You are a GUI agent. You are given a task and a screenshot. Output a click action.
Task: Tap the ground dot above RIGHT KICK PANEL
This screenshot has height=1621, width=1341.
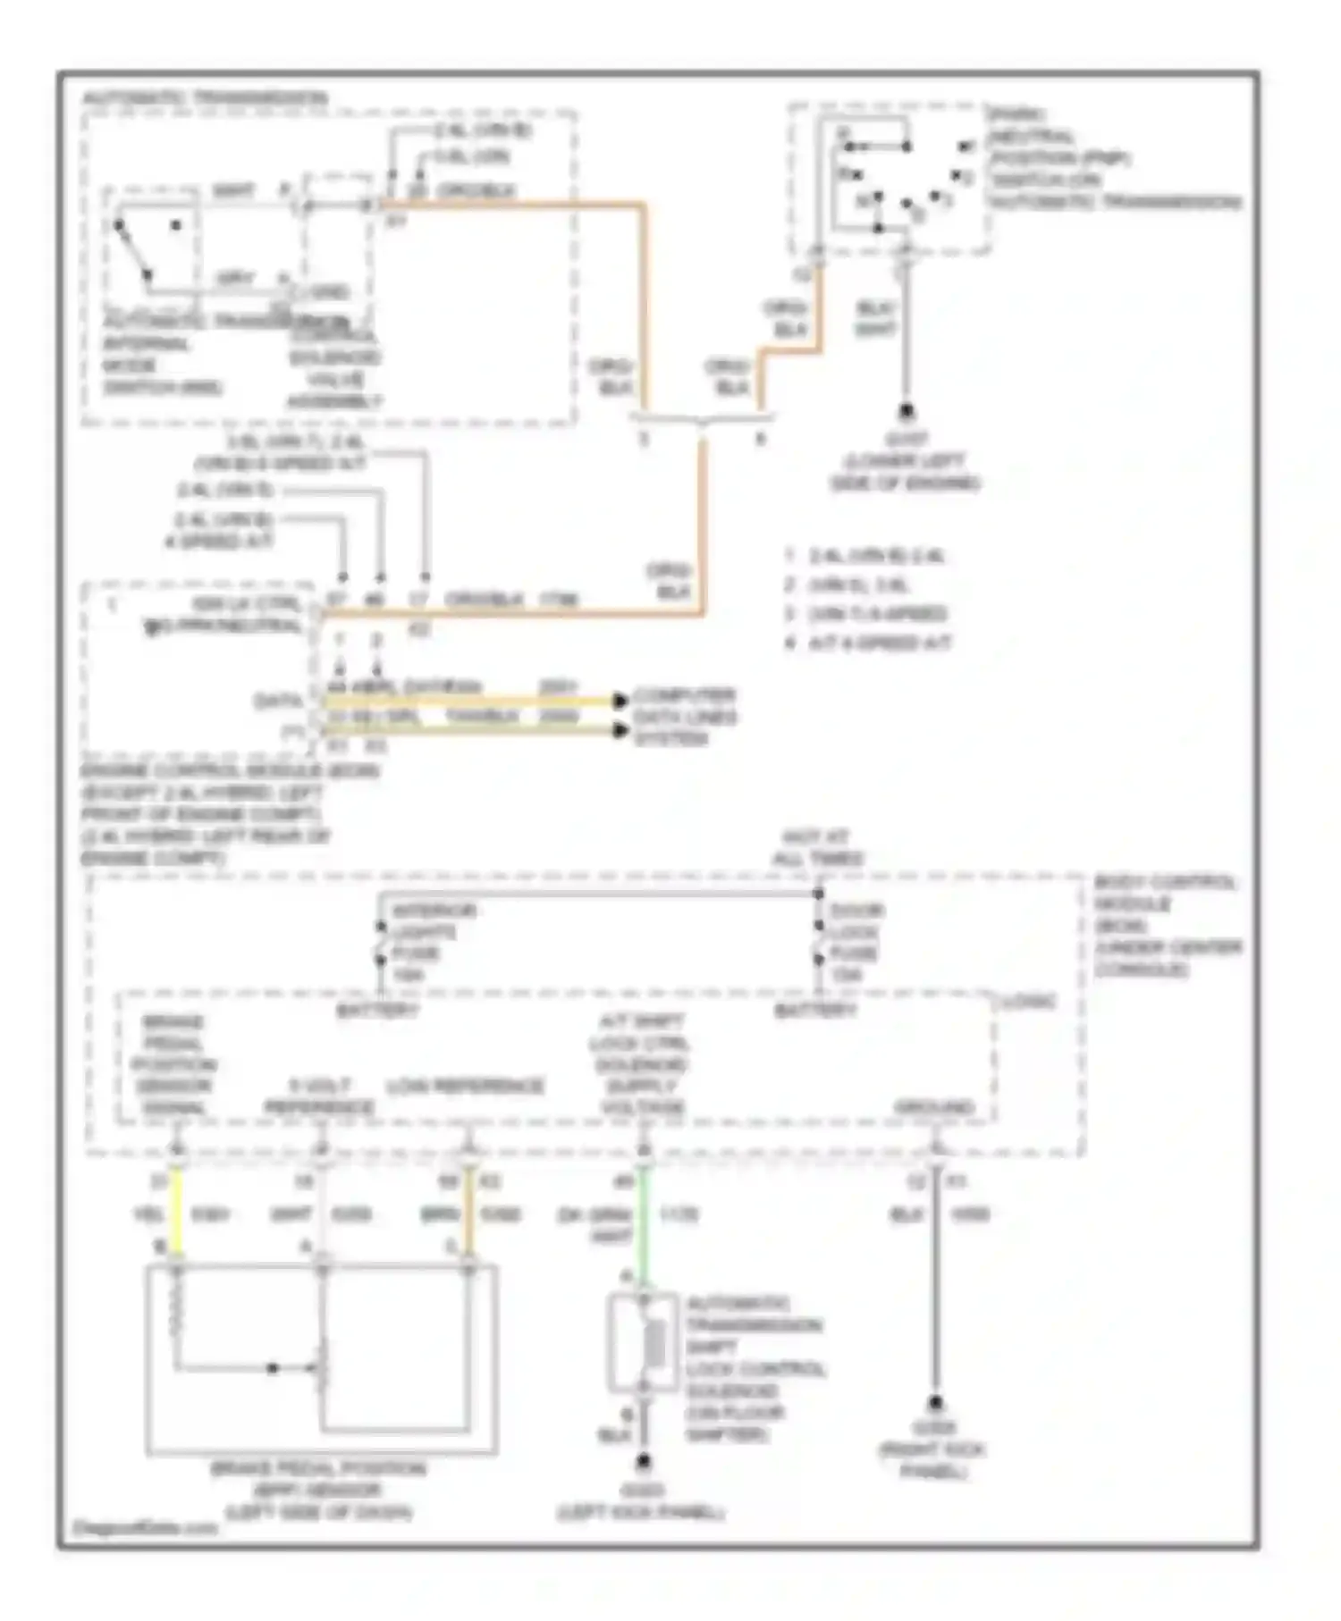[x=935, y=1402]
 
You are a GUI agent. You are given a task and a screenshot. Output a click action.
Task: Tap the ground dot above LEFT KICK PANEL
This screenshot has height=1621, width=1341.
[x=643, y=1463]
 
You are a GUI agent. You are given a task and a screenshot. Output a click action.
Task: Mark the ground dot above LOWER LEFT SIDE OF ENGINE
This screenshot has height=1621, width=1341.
[x=907, y=412]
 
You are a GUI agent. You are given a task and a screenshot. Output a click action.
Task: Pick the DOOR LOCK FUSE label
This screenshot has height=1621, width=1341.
[x=854, y=942]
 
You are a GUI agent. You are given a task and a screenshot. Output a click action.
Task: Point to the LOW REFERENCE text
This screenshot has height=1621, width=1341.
[x=466, y=1087]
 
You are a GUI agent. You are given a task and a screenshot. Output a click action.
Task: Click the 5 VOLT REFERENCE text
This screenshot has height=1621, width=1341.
[x=319, y=1096]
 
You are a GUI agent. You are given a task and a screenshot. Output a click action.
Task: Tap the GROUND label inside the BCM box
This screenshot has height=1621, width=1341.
[x=935, y=1107]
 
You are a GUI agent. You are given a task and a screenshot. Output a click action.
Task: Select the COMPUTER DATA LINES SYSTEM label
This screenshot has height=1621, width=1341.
[x=684, y=717]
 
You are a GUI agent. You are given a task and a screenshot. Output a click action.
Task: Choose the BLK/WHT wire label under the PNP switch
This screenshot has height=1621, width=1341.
[x=875, y=318]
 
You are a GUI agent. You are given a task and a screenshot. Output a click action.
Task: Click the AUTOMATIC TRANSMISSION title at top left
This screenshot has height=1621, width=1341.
[x=206, y=97]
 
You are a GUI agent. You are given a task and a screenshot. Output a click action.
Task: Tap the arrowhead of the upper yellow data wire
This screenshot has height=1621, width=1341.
[x=620, y=701]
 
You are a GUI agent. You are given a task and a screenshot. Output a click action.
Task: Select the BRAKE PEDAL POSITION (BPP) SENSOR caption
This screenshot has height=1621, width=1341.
[x=318, y=1490]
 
